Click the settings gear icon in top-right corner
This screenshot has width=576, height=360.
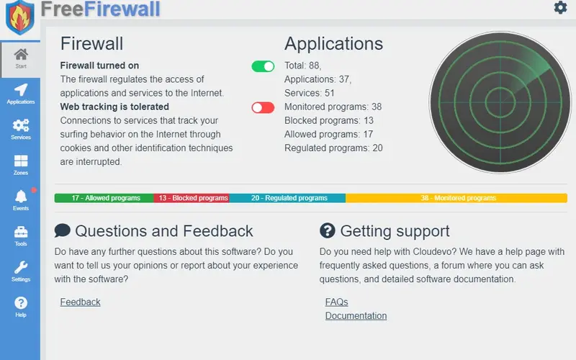[x=560, y=8]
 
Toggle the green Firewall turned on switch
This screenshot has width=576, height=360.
[x=263, y=66]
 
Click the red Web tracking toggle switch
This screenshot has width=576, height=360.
[x=263, y=107]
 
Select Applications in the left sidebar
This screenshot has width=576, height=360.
[x=20, y=94]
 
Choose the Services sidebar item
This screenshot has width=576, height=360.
[x=20, y=129]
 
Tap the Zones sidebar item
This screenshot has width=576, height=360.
[x=20, y=164]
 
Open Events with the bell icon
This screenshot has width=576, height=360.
[x=20, y=199]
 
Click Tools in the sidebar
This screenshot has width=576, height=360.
[x=20, y=235]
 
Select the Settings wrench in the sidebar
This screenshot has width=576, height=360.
[x=20, y=271]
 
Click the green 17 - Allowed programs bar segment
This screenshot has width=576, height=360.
[x=104, y=198]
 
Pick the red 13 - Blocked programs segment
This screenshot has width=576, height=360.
[x=192, y=198]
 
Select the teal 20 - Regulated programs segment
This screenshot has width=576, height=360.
[x=288, y=198]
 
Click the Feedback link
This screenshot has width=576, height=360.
[x=80, y=302]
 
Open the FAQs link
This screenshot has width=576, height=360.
[x=336, y=302]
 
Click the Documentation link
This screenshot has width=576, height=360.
[x=356, y=315]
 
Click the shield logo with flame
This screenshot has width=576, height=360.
[x=19, y=17]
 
